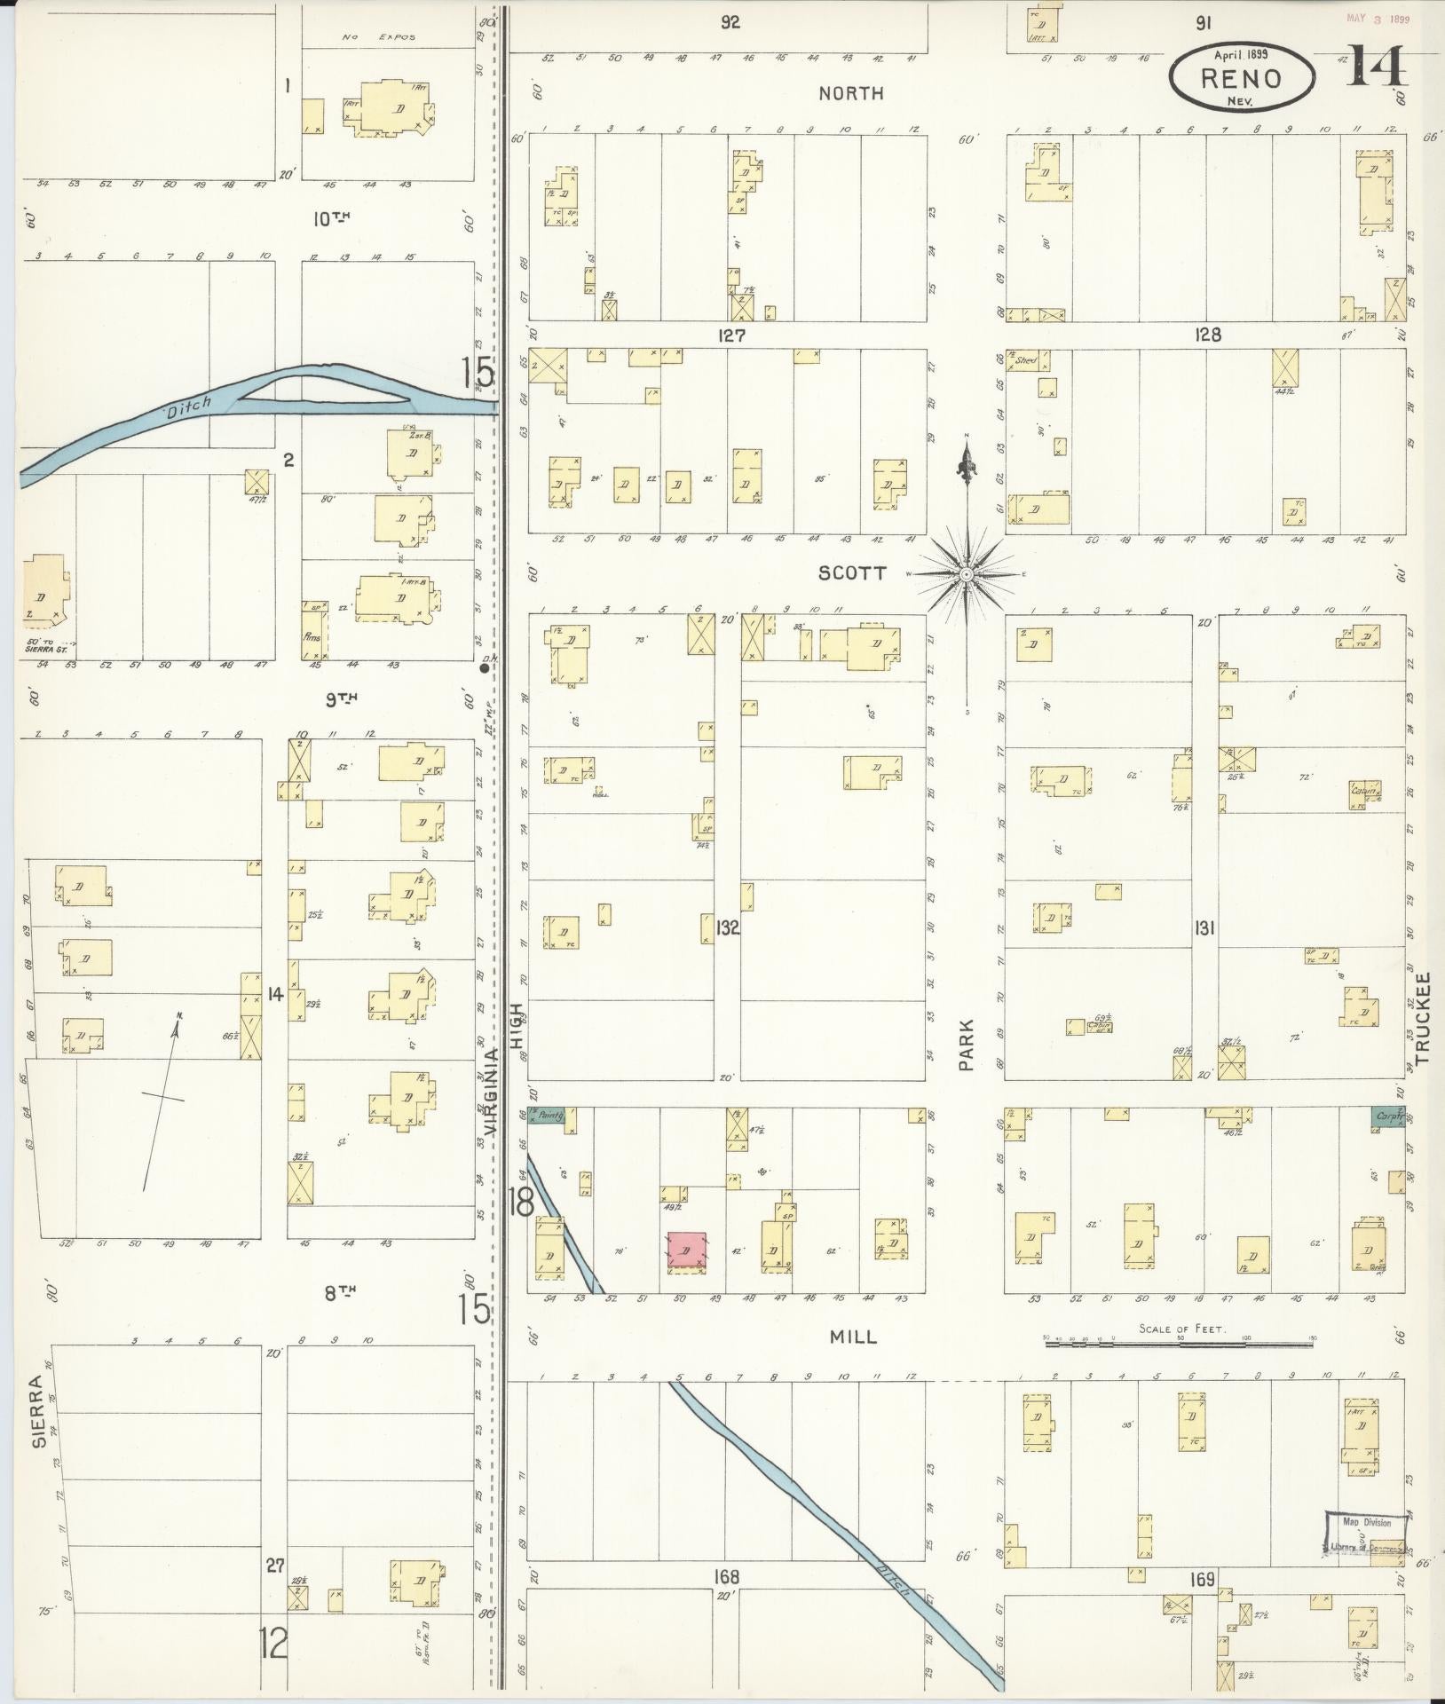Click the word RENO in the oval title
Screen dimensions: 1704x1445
click(x=1241, y=78)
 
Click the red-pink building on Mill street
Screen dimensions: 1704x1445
click(x=686, y=1251)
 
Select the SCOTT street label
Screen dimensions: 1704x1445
click(x=851, y=573)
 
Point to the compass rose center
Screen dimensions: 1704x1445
click(x=967, y=574)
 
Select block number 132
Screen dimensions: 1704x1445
click(x=727, y=928)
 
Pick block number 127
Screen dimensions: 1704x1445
click(x=733, y=335)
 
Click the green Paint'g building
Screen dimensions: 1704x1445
click(x=549, y=1116)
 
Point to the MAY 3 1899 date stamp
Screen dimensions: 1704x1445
click(x=1378, y=17)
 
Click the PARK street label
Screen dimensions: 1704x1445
click(x=967, y=1045)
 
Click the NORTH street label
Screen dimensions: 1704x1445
click(x=850, y=92)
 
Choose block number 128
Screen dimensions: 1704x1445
click(x=1207, y=335)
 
